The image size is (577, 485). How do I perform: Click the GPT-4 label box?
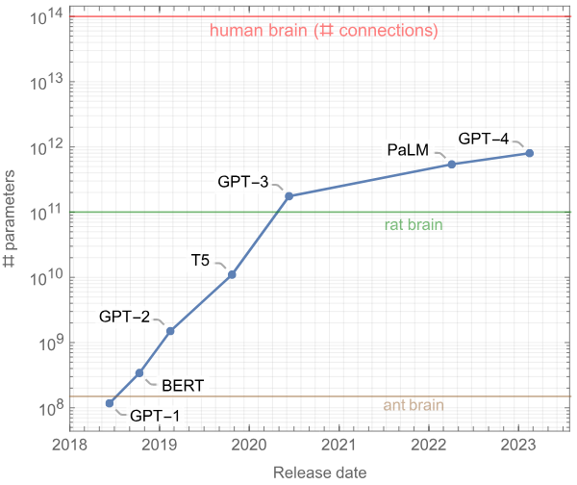(484, 137)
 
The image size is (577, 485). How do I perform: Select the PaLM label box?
(407, 150)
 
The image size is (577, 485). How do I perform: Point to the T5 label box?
(200, 260)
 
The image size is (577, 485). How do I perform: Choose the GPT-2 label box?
(124, 316)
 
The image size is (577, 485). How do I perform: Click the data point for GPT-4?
(530, 153)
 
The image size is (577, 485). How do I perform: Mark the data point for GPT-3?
(288, 196)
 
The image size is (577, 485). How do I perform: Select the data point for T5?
(232, 275)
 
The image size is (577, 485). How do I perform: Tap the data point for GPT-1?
(110, 403)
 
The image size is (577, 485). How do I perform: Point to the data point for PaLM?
(452, 165)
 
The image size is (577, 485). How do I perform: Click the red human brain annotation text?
(324, 31)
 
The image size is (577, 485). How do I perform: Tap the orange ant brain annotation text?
(414, 405)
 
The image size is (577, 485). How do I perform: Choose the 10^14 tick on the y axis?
(46, 17)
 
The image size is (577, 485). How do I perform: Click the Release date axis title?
(307, 472)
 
